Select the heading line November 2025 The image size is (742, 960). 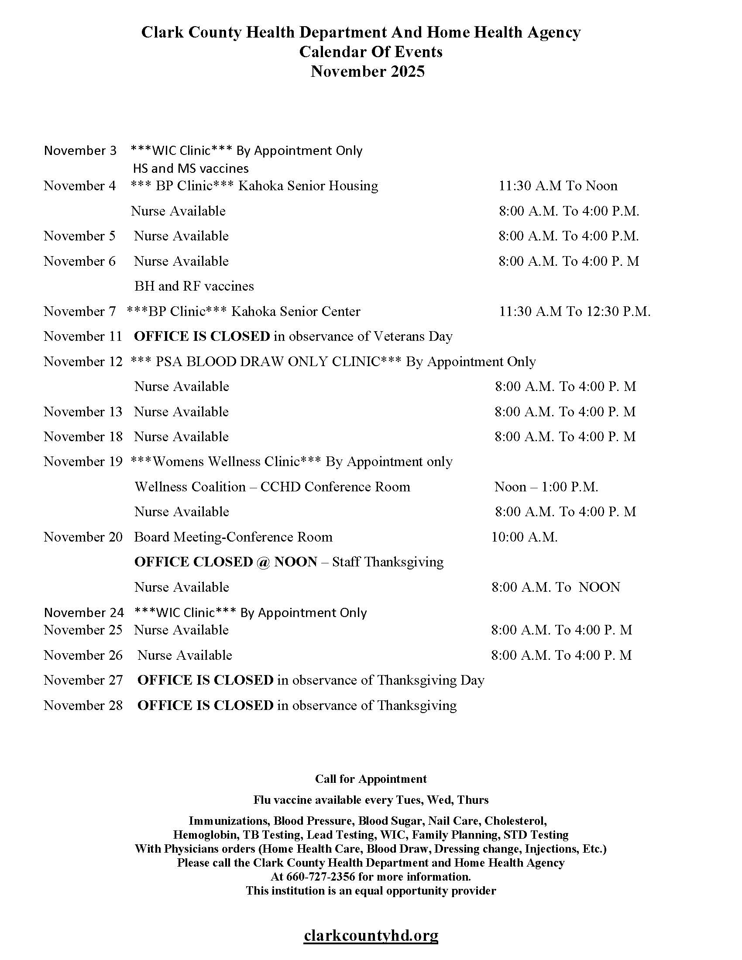pos(368,71)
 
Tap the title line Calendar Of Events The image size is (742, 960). pos(371,52)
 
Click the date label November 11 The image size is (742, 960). pos(82,336)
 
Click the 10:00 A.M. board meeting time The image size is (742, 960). pos(524,537)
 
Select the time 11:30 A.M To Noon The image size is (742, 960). pos(558,185)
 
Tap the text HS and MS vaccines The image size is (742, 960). pos(191,168)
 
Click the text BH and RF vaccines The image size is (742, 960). pos(194,286)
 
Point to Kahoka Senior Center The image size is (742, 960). pos(295,311)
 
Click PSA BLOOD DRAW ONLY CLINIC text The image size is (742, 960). pos(268,361)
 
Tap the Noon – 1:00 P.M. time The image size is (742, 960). pos(546,487)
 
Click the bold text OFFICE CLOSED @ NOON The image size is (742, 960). pos(226,562)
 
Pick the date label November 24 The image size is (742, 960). pos(84,612)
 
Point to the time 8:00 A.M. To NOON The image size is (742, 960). pos(556,587)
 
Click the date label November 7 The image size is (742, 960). pos(79,311)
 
